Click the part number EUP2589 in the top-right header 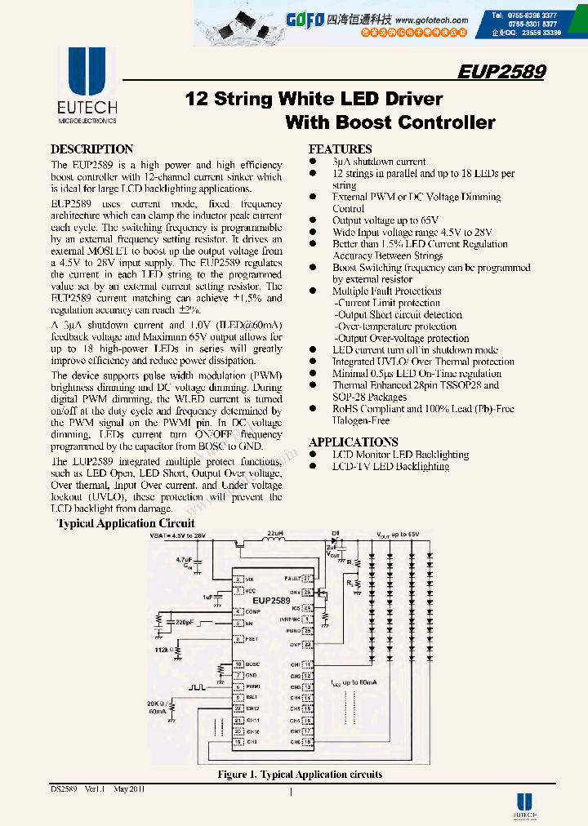coord(501,71)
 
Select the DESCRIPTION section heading coord(91,149)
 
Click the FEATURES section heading coord(340,149)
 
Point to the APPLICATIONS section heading coord(354,442)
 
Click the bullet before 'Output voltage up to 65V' coord(313,220)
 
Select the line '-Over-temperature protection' coord(395,326)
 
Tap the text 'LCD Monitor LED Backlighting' coord(400,455)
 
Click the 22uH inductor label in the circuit coord(275,535)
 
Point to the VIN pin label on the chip coord(251,579)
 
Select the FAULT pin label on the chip coord(293,576)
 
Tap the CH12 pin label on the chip coord(253,708)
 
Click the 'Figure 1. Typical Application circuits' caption coord(300,775)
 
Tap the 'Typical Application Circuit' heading coord(126,523)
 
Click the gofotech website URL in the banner coord(435,20)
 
